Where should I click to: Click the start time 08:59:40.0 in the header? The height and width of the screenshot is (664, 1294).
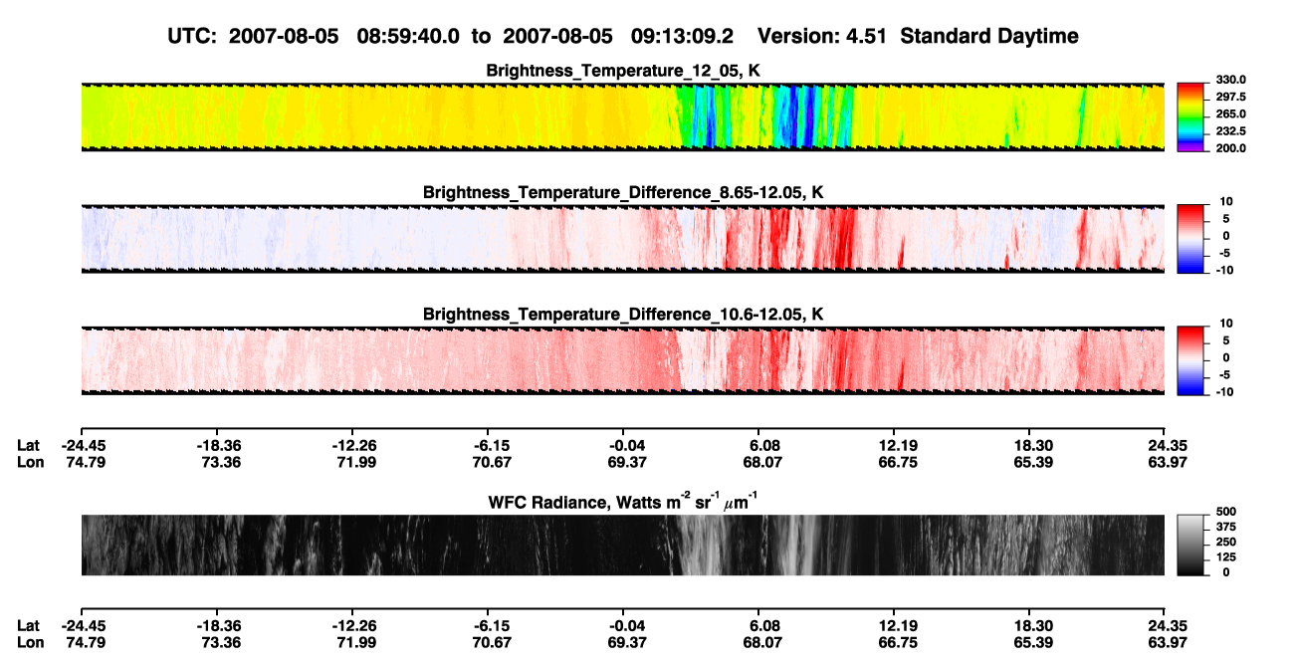point(408,36)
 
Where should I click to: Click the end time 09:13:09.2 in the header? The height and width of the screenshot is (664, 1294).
point(682,36)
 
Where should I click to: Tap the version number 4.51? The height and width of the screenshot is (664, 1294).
point(866,36)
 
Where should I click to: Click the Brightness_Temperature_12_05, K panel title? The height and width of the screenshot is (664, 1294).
point(623,71)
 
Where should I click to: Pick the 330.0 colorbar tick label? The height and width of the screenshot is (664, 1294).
point(1230,80)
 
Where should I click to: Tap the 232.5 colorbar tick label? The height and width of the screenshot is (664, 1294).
point(1230,131)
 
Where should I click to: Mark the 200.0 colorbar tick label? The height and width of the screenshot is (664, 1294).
point(1230,148)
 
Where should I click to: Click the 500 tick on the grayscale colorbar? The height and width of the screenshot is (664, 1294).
point(1226,512)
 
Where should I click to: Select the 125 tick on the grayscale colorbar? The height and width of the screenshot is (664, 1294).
point(1226,557)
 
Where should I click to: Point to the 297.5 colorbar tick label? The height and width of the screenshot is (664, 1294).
point(1230,97)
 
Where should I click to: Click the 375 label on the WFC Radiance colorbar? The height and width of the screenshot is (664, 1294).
point(1226,527)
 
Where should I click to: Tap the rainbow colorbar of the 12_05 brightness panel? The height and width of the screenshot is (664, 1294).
point(1190,117)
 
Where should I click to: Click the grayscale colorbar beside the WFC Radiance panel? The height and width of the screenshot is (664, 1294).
point(1190,545)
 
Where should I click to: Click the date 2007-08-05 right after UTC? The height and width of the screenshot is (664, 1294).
point(284,36)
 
